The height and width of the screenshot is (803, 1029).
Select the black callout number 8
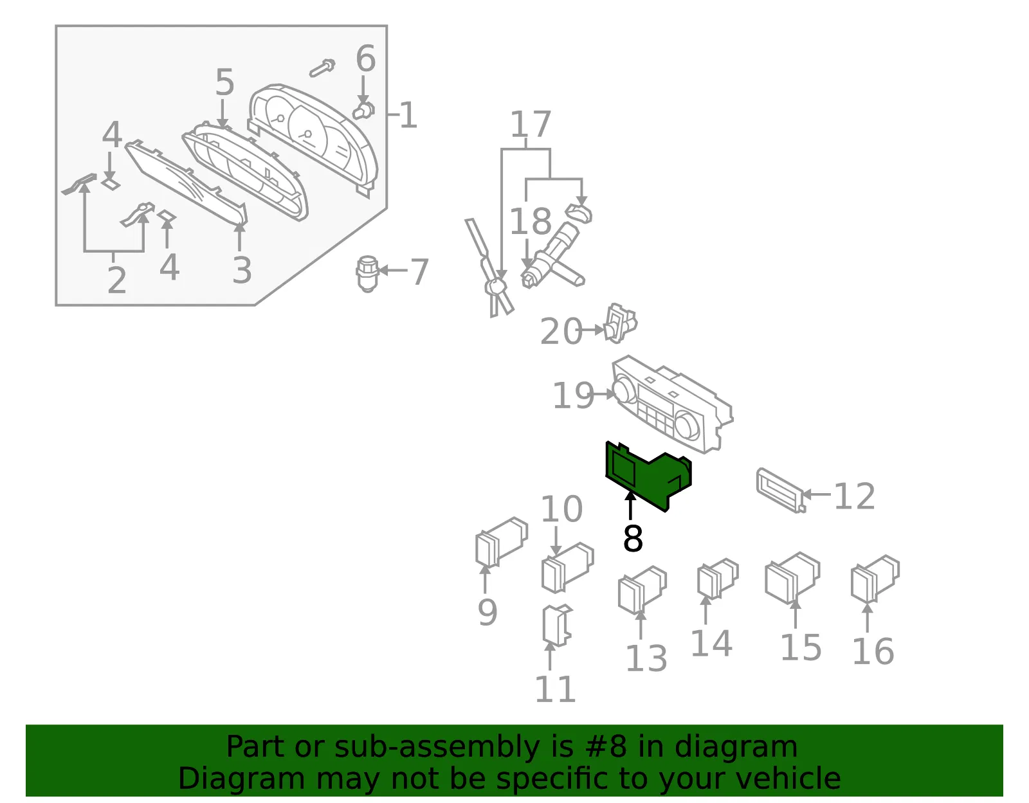633,539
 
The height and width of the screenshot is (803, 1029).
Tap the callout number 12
854,496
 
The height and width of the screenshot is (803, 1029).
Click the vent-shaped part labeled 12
781,491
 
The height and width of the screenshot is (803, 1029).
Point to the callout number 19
573,395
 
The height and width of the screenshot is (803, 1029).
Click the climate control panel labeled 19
673,404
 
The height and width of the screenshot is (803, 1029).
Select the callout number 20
561,330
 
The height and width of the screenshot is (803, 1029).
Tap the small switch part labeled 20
621,323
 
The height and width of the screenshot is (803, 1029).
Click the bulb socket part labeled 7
367,274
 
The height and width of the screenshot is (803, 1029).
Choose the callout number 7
419,271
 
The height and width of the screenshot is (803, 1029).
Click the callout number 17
531,123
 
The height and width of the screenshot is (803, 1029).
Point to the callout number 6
365,59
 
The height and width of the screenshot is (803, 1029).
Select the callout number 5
224,82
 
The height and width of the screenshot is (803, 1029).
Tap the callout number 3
242,270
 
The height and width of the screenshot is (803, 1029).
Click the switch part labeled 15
792,578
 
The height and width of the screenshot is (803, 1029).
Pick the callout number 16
873,651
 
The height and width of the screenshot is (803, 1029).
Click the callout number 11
555,689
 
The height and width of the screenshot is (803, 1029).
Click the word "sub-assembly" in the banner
437,746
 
